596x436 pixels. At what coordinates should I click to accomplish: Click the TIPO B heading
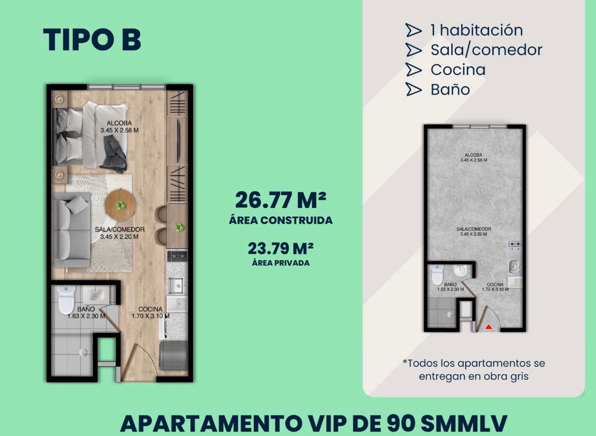tap(92, 40)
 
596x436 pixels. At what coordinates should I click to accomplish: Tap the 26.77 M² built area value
tap(281, 200)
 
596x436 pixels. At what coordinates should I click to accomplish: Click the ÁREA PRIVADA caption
tap(281, 263)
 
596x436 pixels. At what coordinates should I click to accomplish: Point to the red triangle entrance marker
tap(489, 326)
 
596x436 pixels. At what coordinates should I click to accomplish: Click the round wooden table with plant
tap(120, 205)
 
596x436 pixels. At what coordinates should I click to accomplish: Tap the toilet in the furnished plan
tap(66, 299)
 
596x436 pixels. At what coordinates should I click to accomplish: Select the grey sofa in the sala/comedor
tap(71, 229)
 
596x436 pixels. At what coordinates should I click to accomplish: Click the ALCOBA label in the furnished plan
tap(119, 123)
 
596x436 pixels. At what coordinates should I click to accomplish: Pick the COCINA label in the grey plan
tap(495, 285)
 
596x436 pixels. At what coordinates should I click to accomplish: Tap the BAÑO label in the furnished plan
tap(86, 310)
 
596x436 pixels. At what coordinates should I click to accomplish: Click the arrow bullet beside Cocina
tap(414, 70)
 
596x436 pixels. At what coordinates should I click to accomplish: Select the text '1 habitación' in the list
tap(477, 30)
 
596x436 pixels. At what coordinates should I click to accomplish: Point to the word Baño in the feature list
tap(450, 89)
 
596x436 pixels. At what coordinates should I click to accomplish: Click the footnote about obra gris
tap(474, 370)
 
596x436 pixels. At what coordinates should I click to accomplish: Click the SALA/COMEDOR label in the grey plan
tap(474, 229)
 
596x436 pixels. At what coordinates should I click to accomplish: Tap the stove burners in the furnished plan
tap(177, 256)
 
